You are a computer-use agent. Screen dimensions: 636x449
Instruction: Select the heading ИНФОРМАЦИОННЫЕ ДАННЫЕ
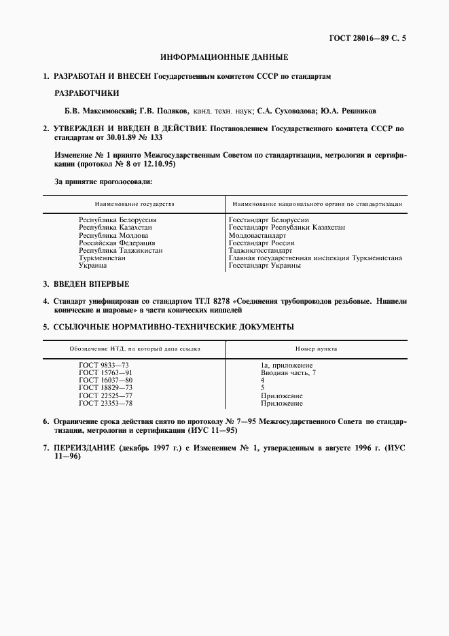pos(224,58)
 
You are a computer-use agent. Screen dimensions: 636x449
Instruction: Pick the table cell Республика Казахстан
pos(115,228)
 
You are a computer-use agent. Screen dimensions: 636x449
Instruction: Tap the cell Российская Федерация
pos(117,243)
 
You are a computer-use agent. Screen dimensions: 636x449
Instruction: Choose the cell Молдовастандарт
pos(257,235)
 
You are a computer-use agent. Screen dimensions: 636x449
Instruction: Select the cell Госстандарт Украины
pos(264,266)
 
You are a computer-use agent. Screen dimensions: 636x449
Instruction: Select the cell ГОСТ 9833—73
pos(104,365)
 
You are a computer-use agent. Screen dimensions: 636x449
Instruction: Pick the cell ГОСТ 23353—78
pos(105,403)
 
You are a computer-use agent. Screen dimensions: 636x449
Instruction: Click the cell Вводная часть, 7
pos(288,372)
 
